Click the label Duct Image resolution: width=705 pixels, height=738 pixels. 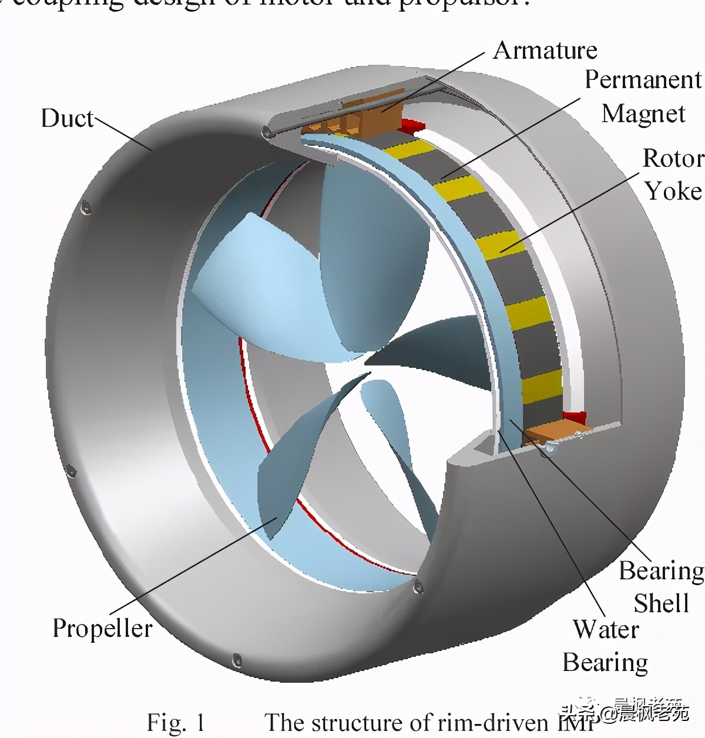point(67,119)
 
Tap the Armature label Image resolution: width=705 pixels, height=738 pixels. point(545,51)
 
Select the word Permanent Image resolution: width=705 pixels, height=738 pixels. point(643,80)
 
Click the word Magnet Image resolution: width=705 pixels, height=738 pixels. point(643,114)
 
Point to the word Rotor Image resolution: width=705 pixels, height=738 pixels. point(672,159)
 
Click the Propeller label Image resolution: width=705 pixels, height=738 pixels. point(102,629)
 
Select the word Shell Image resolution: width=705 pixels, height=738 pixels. point(661,603)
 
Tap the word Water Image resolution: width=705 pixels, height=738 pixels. point(606,630)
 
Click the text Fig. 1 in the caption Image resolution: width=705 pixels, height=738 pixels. point(175,722)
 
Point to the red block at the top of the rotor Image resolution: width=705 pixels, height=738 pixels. point(412,125)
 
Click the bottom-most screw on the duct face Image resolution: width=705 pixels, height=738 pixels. point(237,660)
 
